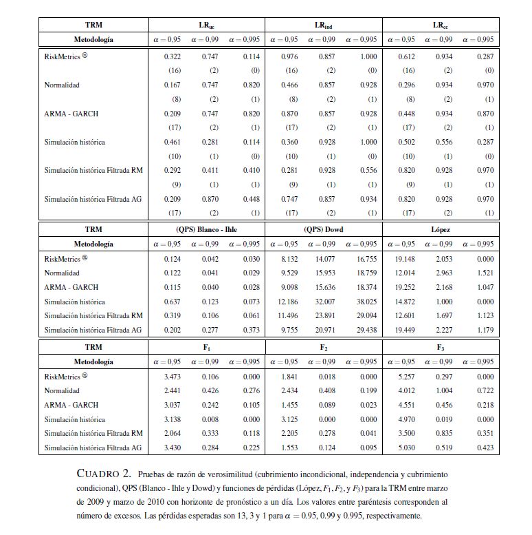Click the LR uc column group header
[x=206, y=25]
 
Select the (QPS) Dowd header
[x=323, y=229]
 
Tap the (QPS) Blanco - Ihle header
[x=206, y=229]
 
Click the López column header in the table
[x=440, y=229]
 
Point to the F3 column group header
[x=440, y=348]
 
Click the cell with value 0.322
[x=172, y=56]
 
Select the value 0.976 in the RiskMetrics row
[x=289, y=56]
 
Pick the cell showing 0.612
[x=407, y=56]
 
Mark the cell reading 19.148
[x=405, y=259]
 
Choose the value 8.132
[x=289, y=259]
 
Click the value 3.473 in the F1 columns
[x=172, y=377]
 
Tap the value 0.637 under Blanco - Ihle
[x=172, y=302]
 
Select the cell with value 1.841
[x=289, y=377]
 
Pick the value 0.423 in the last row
[x=485, y=448]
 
